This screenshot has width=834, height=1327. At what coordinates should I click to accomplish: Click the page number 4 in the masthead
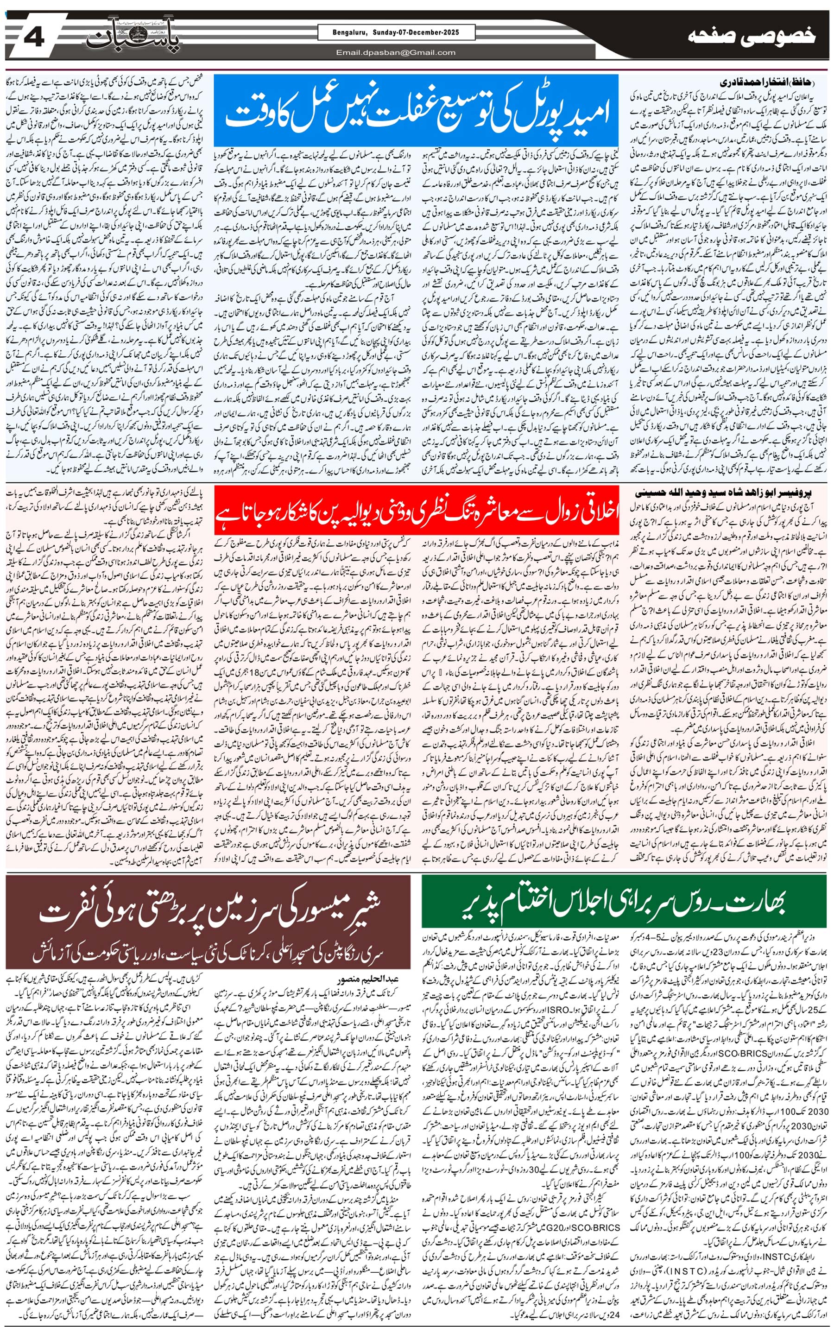click(34, 38)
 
